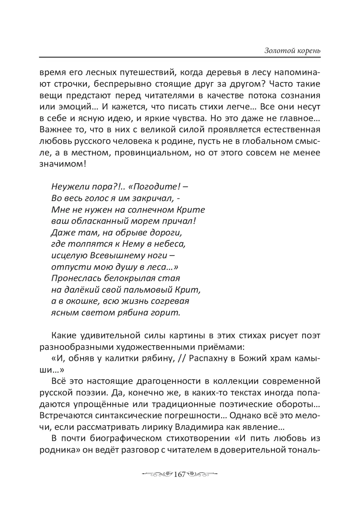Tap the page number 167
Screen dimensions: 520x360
coord(179,474)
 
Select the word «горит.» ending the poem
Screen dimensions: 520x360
coord(168,313)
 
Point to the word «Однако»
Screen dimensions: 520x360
coord(241,415)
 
